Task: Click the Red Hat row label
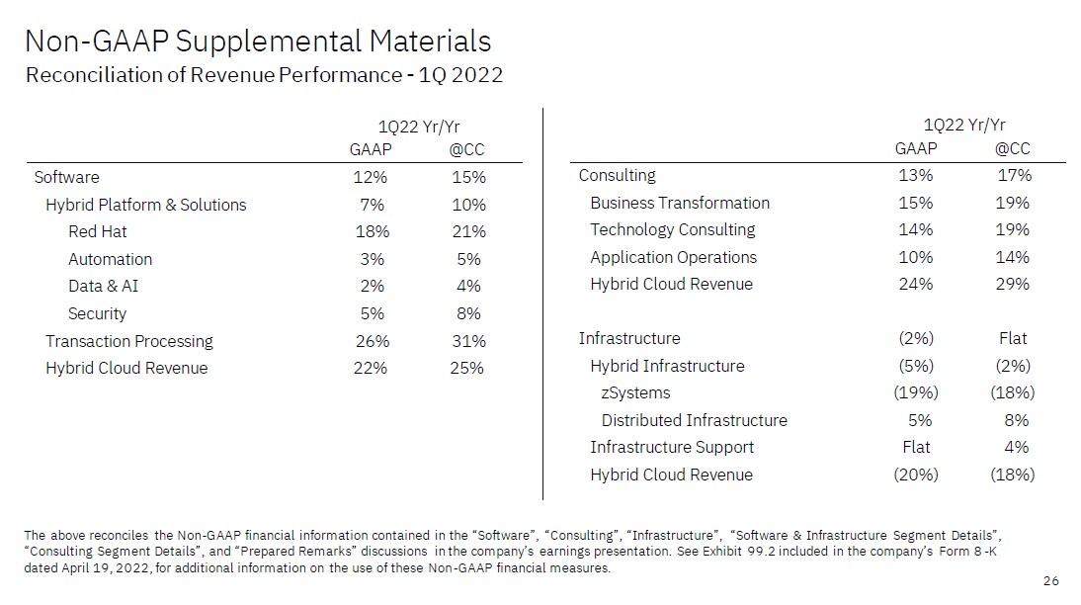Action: coord(97,232)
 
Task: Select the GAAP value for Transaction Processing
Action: coord(372,341)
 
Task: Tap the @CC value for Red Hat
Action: coord(468,232)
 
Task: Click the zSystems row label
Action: coord(635,393)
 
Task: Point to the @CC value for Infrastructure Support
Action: coord(1016,448)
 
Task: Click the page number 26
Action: coord(1050,580)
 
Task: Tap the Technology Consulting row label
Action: coord(672,230)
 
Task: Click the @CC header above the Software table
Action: coord(466,150)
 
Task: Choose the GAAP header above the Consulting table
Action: coord(916,149)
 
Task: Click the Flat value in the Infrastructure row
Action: coord(1013,339)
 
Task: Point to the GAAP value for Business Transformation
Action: coord(916,203)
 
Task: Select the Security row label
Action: coord(97,314)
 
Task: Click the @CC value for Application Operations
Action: coord(1013,257)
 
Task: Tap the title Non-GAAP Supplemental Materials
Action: coord(257,42)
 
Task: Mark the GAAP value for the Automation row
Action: coord(372,260)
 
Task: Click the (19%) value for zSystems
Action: coord(916,393)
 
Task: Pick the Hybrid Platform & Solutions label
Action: coord(145,206)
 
